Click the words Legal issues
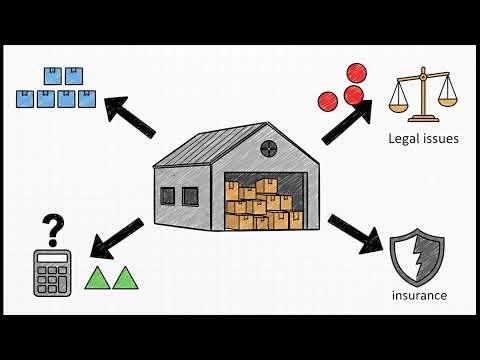pos(423,138)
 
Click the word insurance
pos(419,295)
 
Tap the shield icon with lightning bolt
pos(418,256)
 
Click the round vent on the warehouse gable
pos(269,149)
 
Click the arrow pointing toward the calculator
pos(118,234)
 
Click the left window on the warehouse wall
pos(166,195)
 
